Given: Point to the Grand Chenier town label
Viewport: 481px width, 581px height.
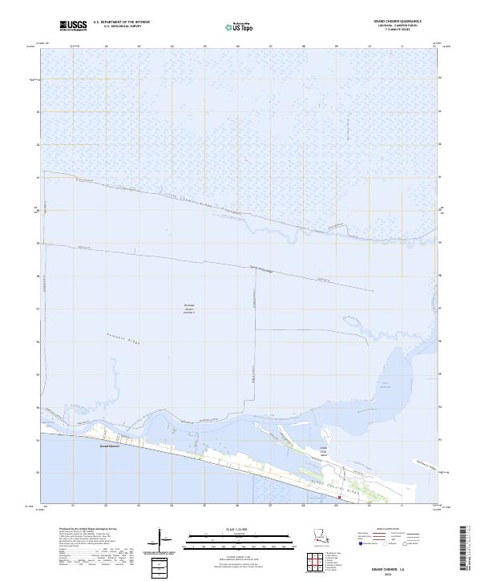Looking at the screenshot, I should tap(109, 446).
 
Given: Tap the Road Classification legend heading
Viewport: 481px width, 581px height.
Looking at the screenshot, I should tap(379, 530).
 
